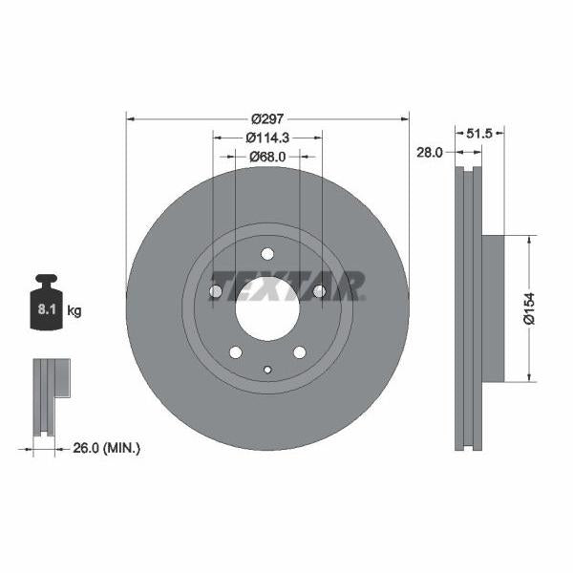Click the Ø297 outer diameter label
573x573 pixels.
pos(266,119)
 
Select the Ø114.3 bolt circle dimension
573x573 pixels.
pos(266,138)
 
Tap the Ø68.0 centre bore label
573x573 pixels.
pos(266,157)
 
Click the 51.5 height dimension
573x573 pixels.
pos(478,134)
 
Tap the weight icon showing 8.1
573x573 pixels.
pos(46,305)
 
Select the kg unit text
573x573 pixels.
pos(74,310)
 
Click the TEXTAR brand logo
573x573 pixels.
pos(286,286)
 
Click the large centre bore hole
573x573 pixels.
pos(267,310)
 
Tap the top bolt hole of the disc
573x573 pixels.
pos(267,254)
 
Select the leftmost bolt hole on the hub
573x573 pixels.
pos(215,291)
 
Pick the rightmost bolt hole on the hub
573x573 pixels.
pos(320,291)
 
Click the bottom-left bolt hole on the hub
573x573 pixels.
pos(235,352)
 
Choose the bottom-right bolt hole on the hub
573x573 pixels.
pos(300,352)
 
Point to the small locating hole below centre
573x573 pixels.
pos(267,371)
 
